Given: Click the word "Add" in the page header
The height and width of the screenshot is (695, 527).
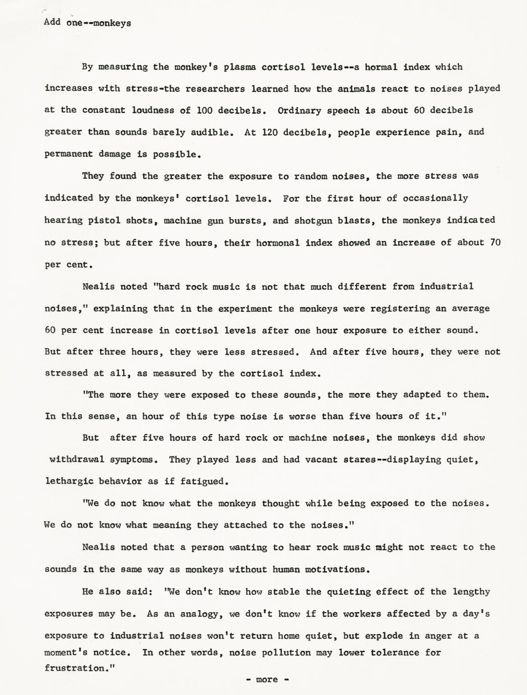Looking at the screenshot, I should (52, 22).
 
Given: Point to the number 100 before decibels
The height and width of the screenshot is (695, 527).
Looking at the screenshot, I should (204, 110).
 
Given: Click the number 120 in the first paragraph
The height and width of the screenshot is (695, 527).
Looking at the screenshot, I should (270, 132).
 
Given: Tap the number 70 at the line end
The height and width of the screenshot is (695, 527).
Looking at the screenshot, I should (495, 242).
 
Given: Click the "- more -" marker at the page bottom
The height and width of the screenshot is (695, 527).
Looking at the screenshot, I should (267, 679).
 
